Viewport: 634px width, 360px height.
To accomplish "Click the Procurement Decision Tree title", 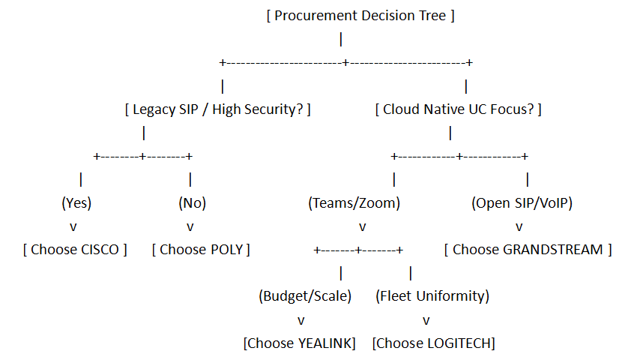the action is (360, 16).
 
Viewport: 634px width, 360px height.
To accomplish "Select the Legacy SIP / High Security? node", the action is (217, 109).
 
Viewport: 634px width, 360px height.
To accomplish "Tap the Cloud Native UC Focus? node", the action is (458, 109).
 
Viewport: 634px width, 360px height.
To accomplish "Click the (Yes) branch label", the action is (76, 203).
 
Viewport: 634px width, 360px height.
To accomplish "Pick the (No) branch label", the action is (193, 203).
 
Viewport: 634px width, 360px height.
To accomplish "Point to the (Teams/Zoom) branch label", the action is (354, 203).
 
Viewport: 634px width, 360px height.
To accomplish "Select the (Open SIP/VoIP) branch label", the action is (522, 203).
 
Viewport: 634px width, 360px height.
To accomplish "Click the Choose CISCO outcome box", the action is (75, 250).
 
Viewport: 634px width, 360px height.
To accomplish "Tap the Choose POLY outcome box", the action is (201, 250).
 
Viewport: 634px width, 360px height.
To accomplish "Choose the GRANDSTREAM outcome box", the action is (528, 250).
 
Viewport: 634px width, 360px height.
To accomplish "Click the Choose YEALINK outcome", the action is (300, 343).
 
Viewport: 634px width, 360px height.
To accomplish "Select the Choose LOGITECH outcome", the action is (434, 343).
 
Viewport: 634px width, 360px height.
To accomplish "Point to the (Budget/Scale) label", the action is (305, 296).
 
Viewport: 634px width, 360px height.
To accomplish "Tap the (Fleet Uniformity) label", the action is (432, 296).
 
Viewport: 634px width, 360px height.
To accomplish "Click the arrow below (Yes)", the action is (73, 227).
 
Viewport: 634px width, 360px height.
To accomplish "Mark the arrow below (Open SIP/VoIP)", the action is (519, 227).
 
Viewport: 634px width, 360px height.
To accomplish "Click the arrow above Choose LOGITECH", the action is (426, 321).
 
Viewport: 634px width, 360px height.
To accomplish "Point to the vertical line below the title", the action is (341, 39).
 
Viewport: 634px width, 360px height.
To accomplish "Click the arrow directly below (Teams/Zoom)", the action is (363, 227).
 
